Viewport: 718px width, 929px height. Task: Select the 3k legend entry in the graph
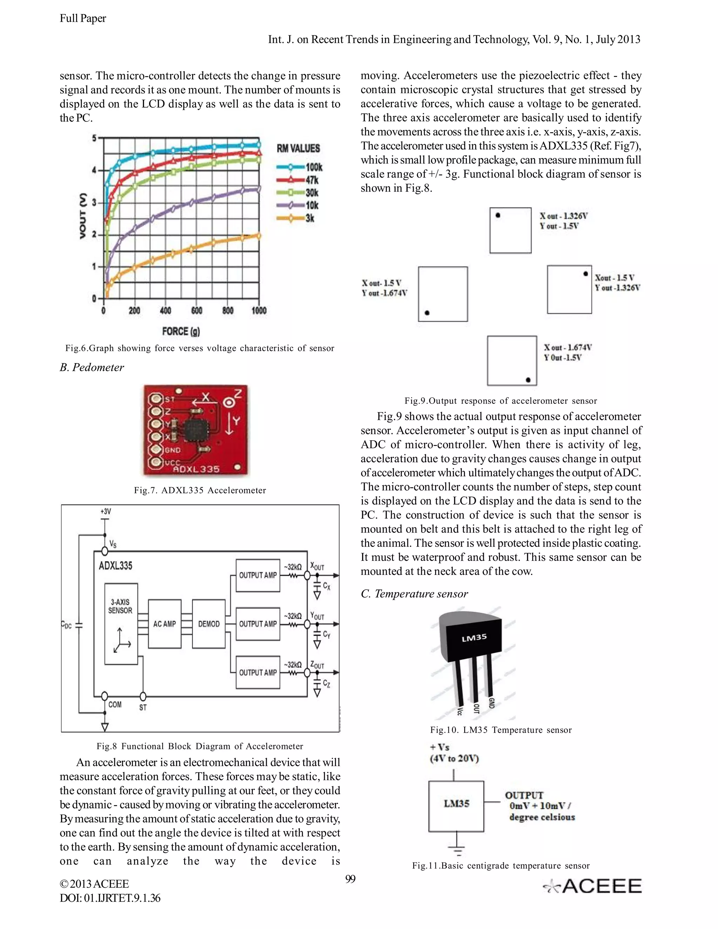296,218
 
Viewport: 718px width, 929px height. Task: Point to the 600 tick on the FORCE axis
197,311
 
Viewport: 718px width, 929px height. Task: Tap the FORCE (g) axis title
181,331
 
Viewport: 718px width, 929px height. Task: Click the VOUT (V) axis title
83,216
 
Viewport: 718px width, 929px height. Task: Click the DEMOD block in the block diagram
209,624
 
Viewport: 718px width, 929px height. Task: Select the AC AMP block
165,624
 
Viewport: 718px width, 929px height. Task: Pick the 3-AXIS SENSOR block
121,624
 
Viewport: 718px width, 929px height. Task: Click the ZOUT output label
317,664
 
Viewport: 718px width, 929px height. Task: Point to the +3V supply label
106,511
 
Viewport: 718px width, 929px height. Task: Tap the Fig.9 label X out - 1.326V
564,216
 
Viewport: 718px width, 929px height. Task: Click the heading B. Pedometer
92,367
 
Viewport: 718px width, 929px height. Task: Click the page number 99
350,879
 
